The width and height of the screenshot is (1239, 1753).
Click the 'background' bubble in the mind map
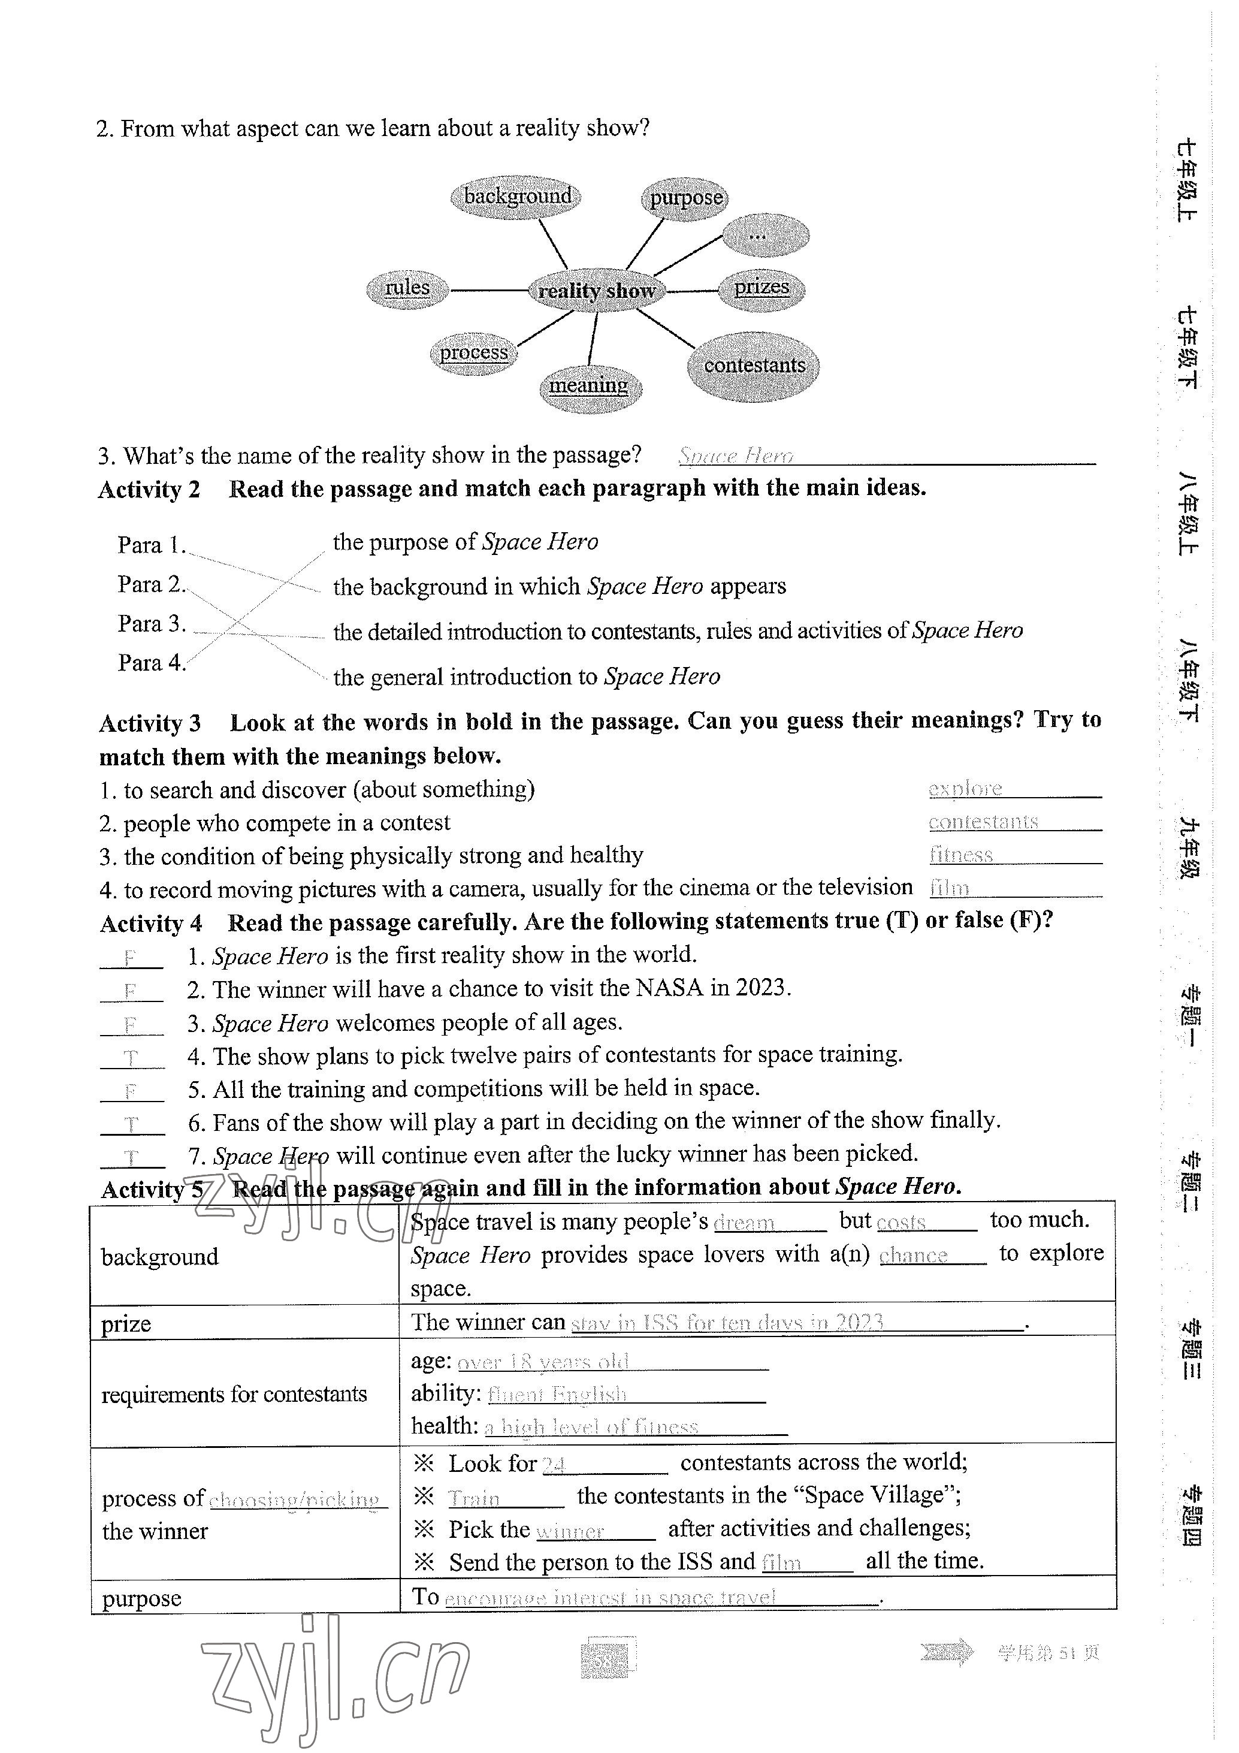pyautogui.click(x=517, y=197)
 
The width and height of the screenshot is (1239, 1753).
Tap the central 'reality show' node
pyautogui.click(x=596, y=291)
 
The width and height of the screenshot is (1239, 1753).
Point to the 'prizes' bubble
pyautogui.click(x=761, y=289)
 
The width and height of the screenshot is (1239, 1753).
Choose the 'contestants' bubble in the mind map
pyautogui.click(x=754, y=366)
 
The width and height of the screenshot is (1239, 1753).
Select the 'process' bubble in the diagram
pyautogui.click(x=473, y=353)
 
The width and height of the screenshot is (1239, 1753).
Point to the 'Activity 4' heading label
pyautogui.click(x=151, y=923)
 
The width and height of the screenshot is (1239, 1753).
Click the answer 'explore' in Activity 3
pyautogui.click(x=965, y=788)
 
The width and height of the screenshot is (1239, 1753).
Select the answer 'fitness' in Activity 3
pyautogui.click(x=960, y=855)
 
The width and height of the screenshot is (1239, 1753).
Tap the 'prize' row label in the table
pyautogui.click(x=126, y=1323)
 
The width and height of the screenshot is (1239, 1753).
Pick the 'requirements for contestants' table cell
pyautogui.click(x=234, y=1394)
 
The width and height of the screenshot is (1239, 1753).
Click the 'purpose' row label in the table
pyautogui.click(x=142, y=1597)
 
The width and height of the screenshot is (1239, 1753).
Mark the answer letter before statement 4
pyautogui.click(x=131, y=1057)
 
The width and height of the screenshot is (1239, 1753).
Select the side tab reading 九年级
pyautogui.click(x=1189, y=847)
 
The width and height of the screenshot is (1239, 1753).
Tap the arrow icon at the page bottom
pyautogui.click(x=947, y=1652)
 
